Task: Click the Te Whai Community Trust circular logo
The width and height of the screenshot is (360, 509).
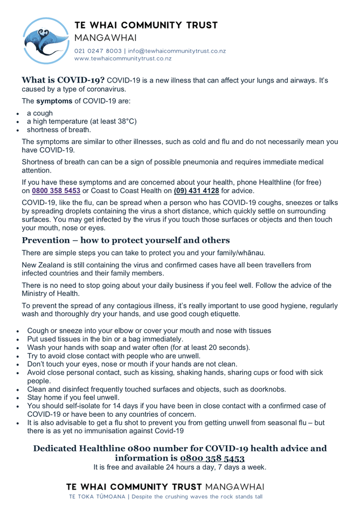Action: [x=46, y=40]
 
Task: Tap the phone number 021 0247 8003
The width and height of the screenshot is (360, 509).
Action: [x=98, y=51]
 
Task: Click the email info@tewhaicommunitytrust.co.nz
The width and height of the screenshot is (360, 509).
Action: [x=177, y=51]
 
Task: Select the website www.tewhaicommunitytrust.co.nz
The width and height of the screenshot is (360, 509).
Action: [x=123, y=58]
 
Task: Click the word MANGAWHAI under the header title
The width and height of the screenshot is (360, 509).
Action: [x=106, y=38]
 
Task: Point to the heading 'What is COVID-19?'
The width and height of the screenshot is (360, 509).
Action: [x=63, y=80]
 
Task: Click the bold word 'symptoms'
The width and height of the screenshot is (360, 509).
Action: [x=54, y=101]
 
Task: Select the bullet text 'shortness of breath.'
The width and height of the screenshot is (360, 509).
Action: [x=59, y=129]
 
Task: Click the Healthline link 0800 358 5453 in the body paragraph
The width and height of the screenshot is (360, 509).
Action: [x=56, y=190]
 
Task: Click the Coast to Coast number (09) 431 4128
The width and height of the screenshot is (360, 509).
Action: [x=196, y=190]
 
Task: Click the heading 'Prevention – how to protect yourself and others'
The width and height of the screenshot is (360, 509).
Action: [x=126, y=240]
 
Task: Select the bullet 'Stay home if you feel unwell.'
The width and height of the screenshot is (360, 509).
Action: [x=73, y=397]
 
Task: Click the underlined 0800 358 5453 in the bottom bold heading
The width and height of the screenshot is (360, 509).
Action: [x=212, y=458]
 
